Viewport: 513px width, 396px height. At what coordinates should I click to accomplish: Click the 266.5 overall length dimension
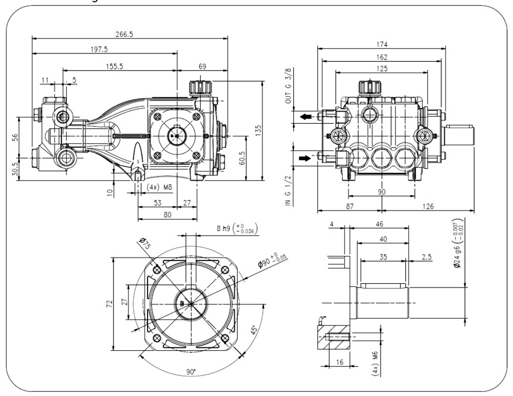coord(124,34)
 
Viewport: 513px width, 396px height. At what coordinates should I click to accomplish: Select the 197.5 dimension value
coord(100,49)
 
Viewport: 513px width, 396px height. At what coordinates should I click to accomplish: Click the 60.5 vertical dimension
coord(242,158)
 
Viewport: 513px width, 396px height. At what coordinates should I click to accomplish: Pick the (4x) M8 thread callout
coord(159,188)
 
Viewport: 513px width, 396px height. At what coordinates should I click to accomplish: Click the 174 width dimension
coord(383,44)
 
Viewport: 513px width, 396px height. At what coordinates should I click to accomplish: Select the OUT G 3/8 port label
coord(288,87)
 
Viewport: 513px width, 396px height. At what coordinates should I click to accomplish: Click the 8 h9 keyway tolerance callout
coord(237,229)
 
